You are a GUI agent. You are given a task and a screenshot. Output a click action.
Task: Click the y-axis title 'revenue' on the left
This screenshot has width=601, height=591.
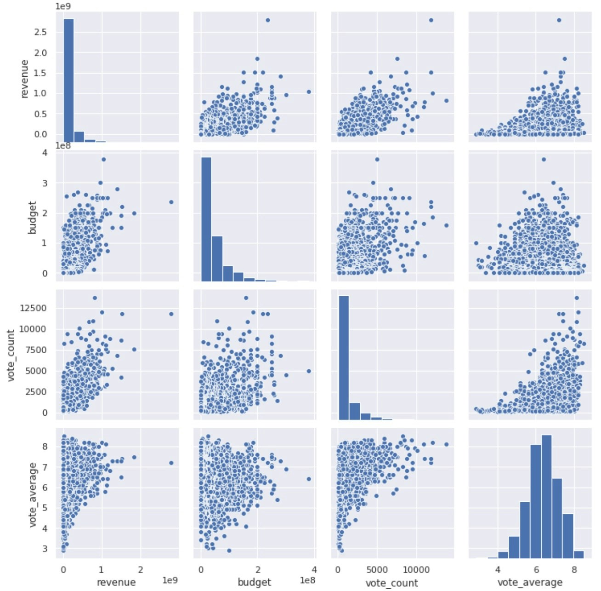coord(25,79)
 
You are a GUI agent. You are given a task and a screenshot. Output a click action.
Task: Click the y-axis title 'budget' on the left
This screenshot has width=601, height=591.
coord(32,217)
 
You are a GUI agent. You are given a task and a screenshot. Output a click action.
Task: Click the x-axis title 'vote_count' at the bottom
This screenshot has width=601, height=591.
coord(391,583)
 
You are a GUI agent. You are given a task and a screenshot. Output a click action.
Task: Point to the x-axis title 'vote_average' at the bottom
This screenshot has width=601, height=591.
coord(530,582)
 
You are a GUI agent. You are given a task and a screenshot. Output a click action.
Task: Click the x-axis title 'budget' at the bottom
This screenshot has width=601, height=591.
coord(254,582)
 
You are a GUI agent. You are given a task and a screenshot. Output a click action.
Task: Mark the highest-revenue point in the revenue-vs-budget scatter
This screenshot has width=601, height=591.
coord(267,20)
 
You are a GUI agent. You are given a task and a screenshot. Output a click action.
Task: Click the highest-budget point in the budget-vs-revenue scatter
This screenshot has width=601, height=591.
coord(103,159)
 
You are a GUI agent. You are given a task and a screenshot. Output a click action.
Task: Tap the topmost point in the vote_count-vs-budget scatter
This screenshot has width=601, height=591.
coord(246,298)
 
